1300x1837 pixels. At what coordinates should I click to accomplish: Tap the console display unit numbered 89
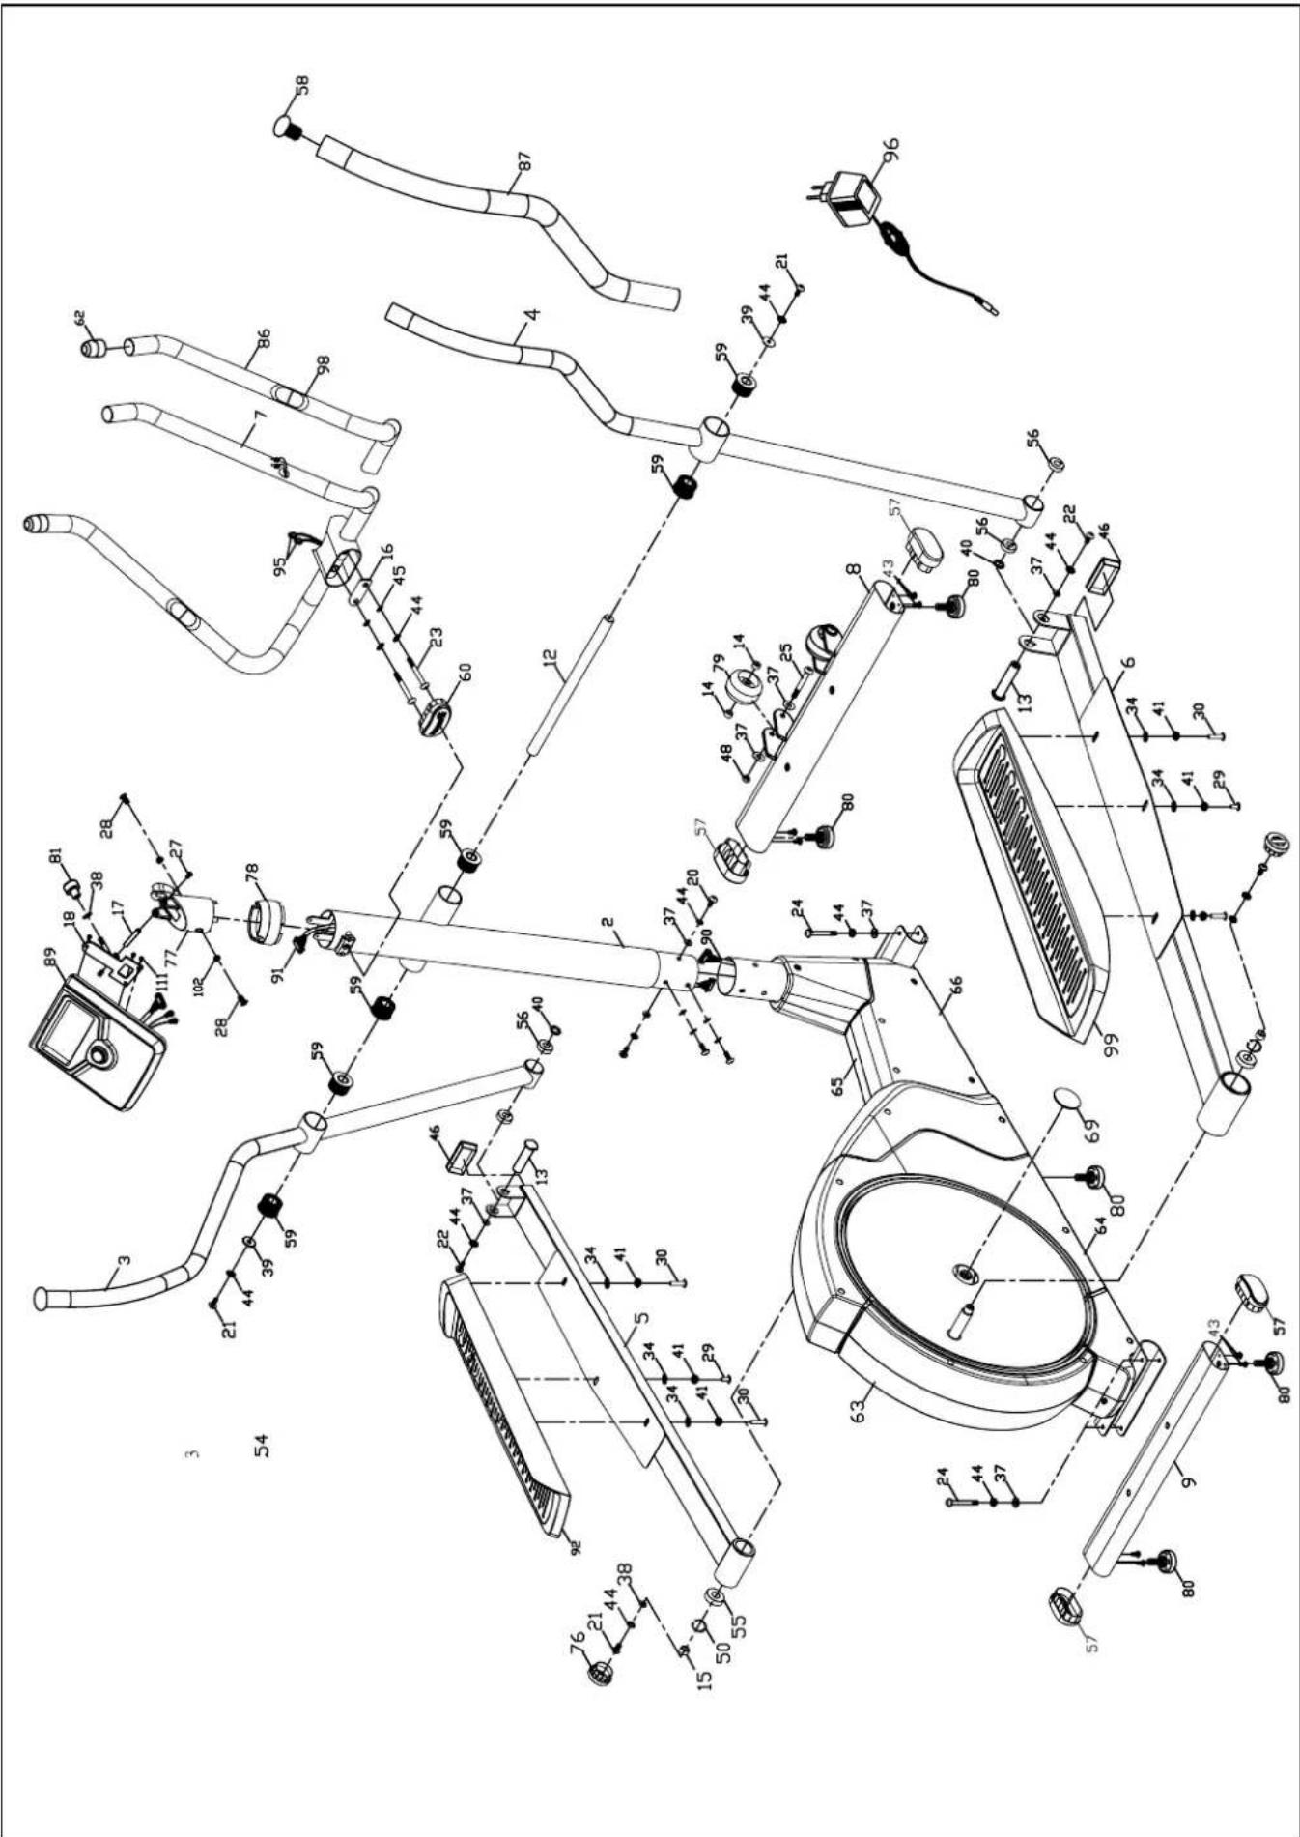pos(95,1043)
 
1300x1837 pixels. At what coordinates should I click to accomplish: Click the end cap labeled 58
pos(288,128)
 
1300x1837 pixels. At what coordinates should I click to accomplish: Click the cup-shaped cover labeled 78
pos(260,918)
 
